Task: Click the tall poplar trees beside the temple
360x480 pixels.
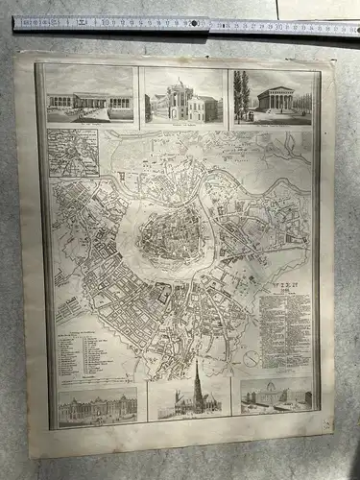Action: [241, 94]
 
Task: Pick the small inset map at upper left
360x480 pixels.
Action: [74, 153]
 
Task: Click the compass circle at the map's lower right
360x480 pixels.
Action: [251, 358]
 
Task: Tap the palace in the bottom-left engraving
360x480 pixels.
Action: [97, 407]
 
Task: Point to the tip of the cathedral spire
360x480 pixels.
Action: [196, 362]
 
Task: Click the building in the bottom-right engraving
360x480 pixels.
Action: [277, 395]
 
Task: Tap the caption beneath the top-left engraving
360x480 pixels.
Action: [89, 122]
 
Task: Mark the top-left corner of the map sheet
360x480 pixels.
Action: [16, 54]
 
